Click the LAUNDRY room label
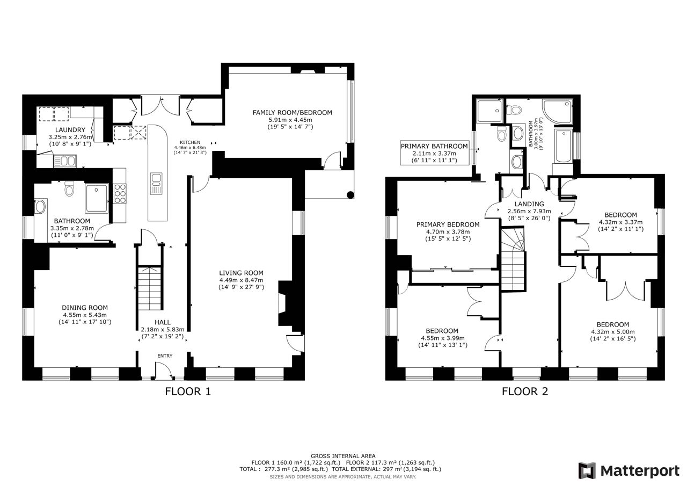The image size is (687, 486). pos(70,130)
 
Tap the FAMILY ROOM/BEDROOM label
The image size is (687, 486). pos(293,113)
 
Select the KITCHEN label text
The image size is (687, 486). pos(190,142)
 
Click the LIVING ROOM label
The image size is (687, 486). pos(241,273)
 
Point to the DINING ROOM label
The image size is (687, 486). pos(85,308)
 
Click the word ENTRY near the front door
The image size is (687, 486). pos(165,356)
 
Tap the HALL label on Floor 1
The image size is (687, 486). pos(163,322)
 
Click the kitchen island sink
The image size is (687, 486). pos(156,184)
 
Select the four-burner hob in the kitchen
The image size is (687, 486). pos(120,193)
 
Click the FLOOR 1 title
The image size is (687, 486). pos(188,391)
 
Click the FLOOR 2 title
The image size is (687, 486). pos(525,391)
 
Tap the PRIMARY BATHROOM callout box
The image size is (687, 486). pos(434,153)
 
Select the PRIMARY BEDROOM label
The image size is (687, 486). pos(448,224)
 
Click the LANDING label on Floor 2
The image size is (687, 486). pos(529,204)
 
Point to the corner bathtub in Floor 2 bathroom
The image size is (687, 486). pos(557,111)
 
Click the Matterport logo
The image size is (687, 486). pos(629,470)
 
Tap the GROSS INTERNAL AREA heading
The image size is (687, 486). pos(343,456)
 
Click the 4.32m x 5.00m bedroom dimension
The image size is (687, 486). pos(613,332)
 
